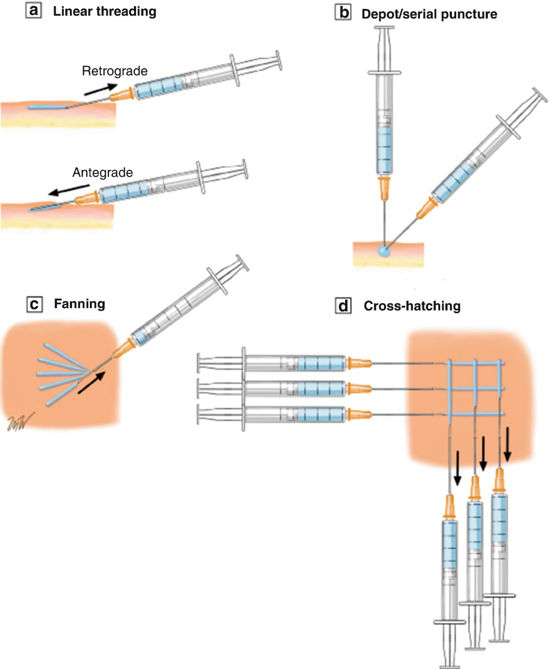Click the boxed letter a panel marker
pos(34,10)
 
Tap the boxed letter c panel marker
pos(34,304)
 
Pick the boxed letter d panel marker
pos(344,307)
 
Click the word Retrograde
pos(114,71)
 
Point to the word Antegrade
pos(102,173)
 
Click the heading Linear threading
pos(105,11)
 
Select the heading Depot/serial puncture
pos(429,14)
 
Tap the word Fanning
pos(79,304)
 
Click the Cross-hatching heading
pos(412,306)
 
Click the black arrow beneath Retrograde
pos(100,89)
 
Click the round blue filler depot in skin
pos(384,251)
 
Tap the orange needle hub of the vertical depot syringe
pos(384,188)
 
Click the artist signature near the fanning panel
pos(20,421)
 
